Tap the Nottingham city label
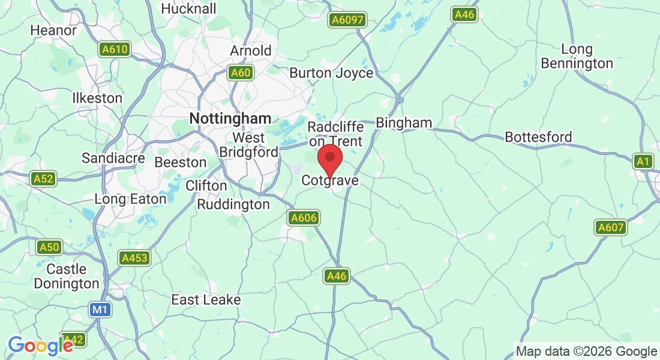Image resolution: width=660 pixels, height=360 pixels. pos(230,119)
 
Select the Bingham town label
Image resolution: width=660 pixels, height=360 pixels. pos(404,122)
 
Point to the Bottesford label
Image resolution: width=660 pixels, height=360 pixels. pos(538,137)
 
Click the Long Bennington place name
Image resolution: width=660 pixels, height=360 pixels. pos(577,56)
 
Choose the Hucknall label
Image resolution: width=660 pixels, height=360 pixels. pos(188,9)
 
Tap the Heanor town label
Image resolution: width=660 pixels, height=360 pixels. pos(53,30)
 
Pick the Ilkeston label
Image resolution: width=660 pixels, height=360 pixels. pos(97,98)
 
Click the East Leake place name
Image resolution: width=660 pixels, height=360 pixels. pos(206,299)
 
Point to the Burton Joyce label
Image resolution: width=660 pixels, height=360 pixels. pos(331,73)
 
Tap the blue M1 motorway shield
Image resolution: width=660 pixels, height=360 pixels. pos(100,310)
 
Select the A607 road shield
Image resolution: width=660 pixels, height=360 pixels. pos(611,227)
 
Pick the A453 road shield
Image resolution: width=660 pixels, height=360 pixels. pos(134,258)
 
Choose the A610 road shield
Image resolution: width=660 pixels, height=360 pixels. pos(115,49)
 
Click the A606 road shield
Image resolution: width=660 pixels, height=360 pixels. pos(303,218)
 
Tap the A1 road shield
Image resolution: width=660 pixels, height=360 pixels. pos(643,161)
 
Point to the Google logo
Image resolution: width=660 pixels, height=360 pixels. pos(40,346)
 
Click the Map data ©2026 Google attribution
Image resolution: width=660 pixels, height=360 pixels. pos(586,352)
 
